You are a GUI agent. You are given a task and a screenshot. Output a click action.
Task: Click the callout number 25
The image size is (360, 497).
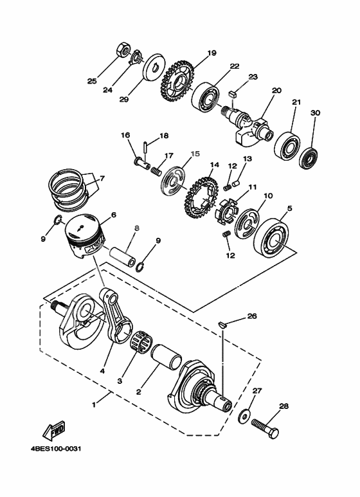(x=92, y=81)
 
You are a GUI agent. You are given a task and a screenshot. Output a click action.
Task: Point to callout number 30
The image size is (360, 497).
(x=315, y=113)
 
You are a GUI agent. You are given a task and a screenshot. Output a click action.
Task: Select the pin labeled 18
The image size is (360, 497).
(x=147, y=147)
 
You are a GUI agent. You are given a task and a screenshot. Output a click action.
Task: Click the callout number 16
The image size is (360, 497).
(x=125, y=135)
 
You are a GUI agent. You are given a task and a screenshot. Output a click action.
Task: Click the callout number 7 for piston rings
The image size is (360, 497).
(x=101, y=177)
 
